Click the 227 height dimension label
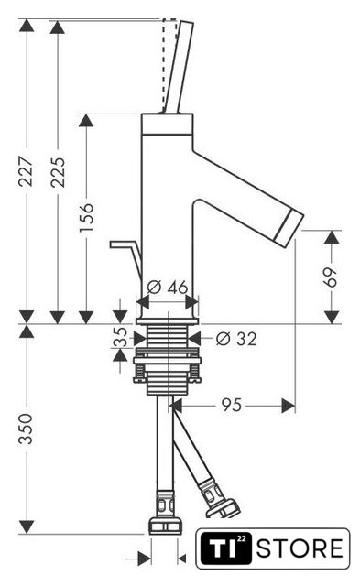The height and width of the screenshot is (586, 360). click(x=27, y=171)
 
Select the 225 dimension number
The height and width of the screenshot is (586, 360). click(x=58, y=172)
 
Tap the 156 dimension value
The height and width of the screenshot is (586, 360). click(x=86, y=217)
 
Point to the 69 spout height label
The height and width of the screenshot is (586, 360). click(x=330, y=277)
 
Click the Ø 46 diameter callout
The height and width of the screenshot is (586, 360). click(x=167, y=288)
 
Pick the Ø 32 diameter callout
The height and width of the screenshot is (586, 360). click(x=236, y=339)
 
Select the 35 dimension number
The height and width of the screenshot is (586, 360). click(x=120, y=337)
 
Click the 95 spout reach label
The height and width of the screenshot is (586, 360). click(x=232, y=405)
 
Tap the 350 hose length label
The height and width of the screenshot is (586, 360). click(x=27, y=429)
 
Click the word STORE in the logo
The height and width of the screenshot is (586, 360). click(x=300, y=548)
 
